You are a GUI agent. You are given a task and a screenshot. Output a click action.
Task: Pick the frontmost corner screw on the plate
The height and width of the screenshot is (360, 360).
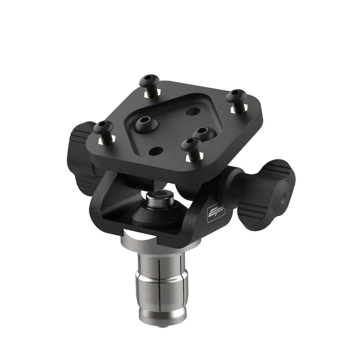190,144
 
